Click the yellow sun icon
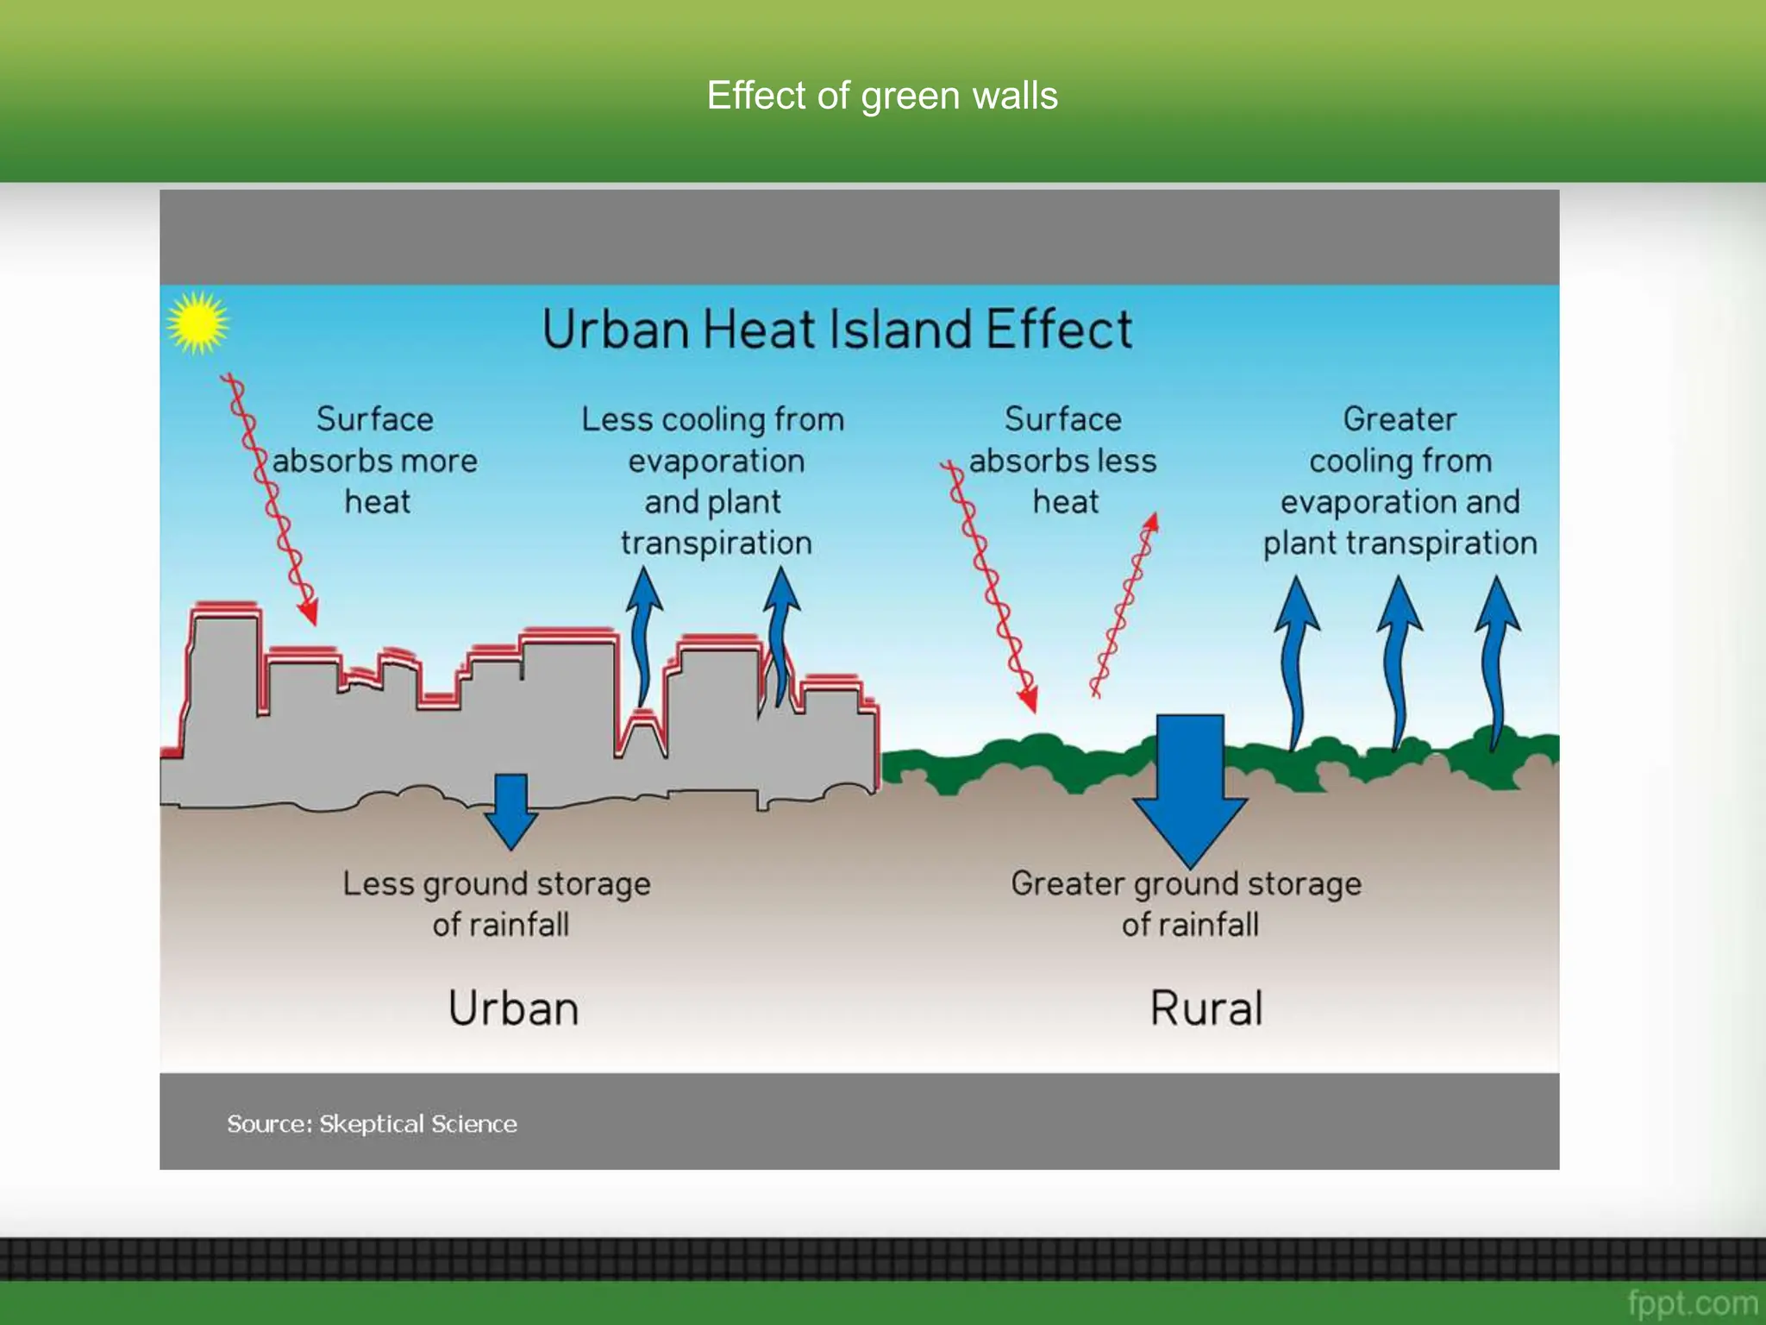tap(197, 323)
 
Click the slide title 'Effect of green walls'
tap(882, 95)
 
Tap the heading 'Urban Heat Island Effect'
tap(836, 329)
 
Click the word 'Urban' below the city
tap(513, 1008)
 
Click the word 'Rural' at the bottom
tap(1206, 1008)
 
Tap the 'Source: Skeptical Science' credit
tap(372, 1123)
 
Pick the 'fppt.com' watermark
tap(1692, 1302)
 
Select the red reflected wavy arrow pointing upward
tap(1126, 604)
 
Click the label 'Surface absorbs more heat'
tap(375, 461)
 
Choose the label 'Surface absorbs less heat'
tap(1063, 461)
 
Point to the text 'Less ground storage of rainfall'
tap(498, 903)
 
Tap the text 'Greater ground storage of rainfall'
tap(1187, 903)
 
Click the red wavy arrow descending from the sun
tap(272, 500)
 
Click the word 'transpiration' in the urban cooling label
tap(716, 543)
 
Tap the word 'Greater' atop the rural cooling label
tap(1400, 419)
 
